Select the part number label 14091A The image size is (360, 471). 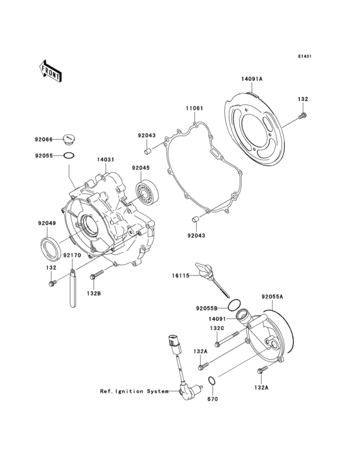pyautogui.click(x=252, y=79)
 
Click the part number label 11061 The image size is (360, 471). pyautogui.click(x=195, y=108)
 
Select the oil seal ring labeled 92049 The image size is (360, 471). pyautogui.click(x=51, y=246)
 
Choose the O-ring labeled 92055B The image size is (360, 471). pyautogui.click(x=235, y=304)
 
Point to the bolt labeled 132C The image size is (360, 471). pyautogui.click(x=221, y=342)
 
